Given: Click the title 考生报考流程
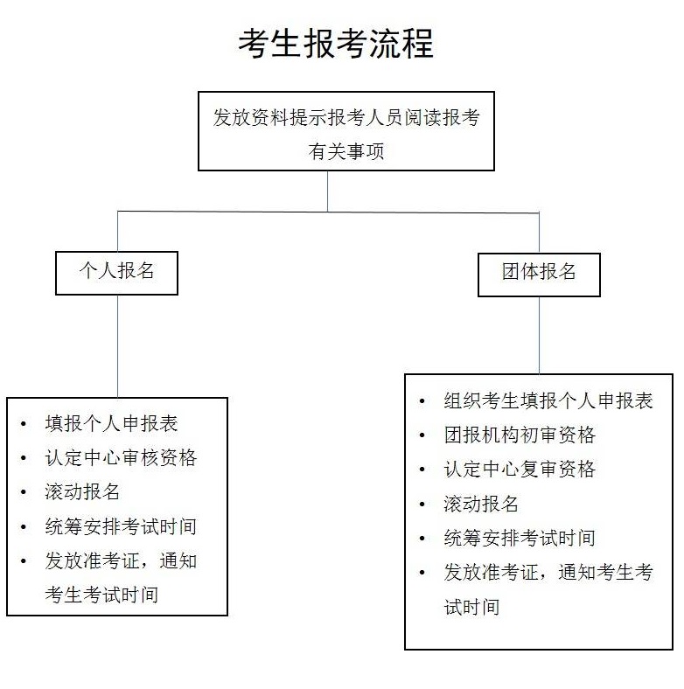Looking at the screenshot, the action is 336,44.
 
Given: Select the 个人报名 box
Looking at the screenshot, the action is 116,273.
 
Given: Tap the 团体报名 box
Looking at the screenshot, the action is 539,275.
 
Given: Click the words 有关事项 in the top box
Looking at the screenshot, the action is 346,151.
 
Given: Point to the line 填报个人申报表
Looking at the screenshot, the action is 111,423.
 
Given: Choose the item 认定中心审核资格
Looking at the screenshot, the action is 121,457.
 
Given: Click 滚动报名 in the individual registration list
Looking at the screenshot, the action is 82,491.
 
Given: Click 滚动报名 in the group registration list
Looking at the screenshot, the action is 481,504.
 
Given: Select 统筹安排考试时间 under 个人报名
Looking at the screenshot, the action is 121,526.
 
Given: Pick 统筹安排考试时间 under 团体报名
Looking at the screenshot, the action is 520,538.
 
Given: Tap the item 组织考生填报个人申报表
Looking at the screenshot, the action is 548,400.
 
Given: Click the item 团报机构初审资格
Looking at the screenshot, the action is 520,435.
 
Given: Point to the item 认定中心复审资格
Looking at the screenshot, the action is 520,470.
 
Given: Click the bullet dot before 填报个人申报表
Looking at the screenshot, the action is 24,423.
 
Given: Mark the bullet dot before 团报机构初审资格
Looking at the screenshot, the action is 422,435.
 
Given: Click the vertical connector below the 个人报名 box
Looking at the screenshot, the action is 118,346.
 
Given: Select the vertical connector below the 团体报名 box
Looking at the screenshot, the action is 540,335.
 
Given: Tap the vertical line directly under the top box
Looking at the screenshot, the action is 327,191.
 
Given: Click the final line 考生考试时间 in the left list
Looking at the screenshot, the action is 101,595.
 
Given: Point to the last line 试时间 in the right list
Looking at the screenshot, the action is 471,607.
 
